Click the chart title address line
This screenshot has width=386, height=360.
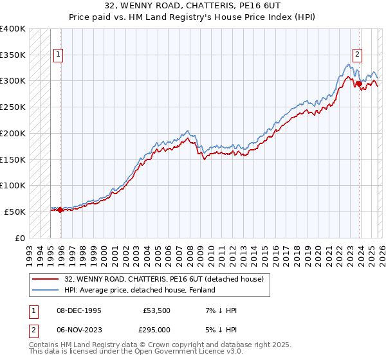point(192,7)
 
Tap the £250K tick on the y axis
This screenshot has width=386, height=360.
point(13,107)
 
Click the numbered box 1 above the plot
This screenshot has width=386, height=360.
point(58,55)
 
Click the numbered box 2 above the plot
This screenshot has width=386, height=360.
point(357,55)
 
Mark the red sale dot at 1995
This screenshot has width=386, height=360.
point(60,210)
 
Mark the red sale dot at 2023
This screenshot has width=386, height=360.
point(358,83)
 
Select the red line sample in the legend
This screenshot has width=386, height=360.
point(44,279)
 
